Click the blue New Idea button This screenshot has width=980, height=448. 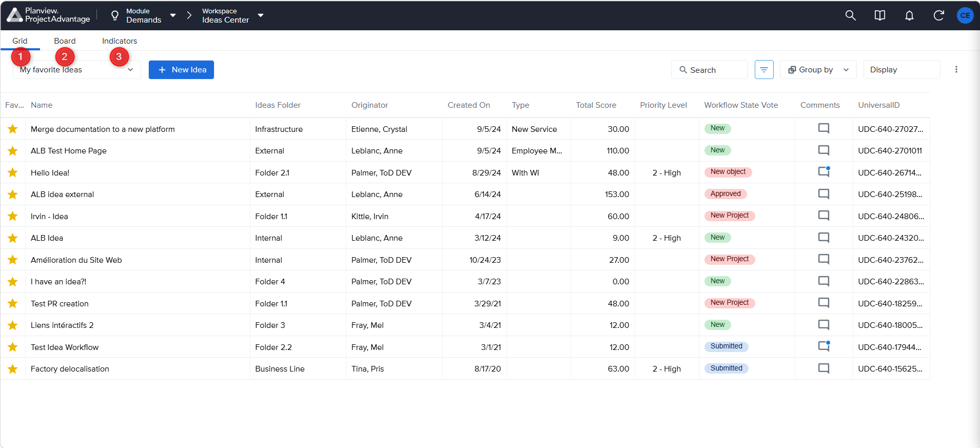click(181, 70)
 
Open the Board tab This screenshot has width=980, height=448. click(65, 41)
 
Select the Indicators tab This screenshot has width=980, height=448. click(120, 41)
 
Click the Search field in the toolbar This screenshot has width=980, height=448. click(709, 70)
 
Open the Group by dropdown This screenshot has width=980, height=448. click(818, 70)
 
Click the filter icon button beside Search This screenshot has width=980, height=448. click(764, 70)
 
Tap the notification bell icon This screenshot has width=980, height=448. click(909, 15)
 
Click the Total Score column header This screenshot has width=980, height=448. click(596, 105)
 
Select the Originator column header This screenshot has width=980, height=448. click(369, 105)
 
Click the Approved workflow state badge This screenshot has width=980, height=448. click(726, 194)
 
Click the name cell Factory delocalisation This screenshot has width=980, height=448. click(70, 369)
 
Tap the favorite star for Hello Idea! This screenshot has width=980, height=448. click(13, 172)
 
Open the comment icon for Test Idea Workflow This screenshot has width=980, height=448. click(824, 346)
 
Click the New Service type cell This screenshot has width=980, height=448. click(534, 129)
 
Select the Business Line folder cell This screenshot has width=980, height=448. click(280, 369)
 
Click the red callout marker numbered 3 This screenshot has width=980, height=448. click(119, 56)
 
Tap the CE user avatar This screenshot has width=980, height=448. click(965, 15)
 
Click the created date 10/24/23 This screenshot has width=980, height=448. click(485, 260)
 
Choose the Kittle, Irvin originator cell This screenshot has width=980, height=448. click(370, 217)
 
